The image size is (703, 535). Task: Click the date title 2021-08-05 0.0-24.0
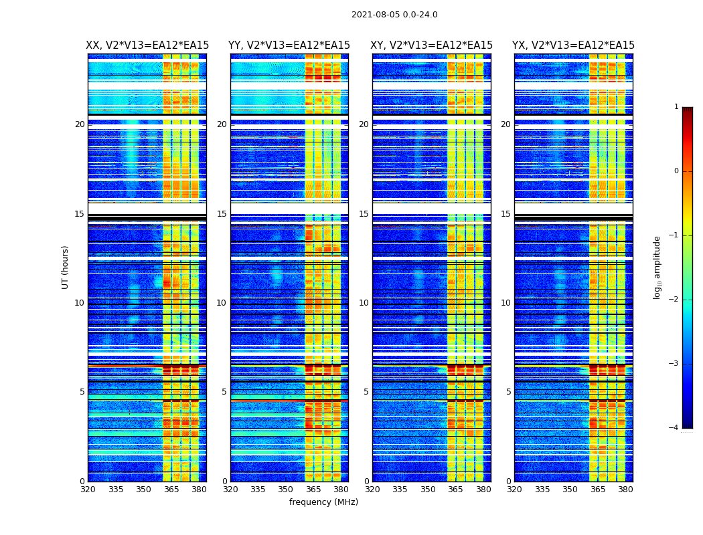(394, 15)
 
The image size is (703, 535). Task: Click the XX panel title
(147, 45)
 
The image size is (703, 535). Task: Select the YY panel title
(289, 45)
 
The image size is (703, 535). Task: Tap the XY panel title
(432, 45)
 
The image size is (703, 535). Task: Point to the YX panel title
(574, 45)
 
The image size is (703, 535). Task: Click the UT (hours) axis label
(66, 267)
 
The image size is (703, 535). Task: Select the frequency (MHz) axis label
(323, 502)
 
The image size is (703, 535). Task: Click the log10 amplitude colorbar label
(657, 267)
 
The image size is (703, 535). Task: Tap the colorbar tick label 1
(676, 107)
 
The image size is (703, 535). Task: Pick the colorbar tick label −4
(674, 428)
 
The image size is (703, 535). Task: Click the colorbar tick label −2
(674, 300)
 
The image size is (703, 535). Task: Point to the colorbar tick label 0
(676, 171)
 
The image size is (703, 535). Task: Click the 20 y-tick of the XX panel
(80, 124)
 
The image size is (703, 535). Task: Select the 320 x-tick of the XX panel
(88, 490)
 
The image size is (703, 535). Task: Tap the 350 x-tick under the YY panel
(286, 490)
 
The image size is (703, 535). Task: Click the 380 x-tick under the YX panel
(625, 490)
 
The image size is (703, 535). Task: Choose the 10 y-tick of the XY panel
(364, 303)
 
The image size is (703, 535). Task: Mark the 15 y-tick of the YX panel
(505, 214)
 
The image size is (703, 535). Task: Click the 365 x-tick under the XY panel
(455, 490)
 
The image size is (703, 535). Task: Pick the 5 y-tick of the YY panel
(224, 392)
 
